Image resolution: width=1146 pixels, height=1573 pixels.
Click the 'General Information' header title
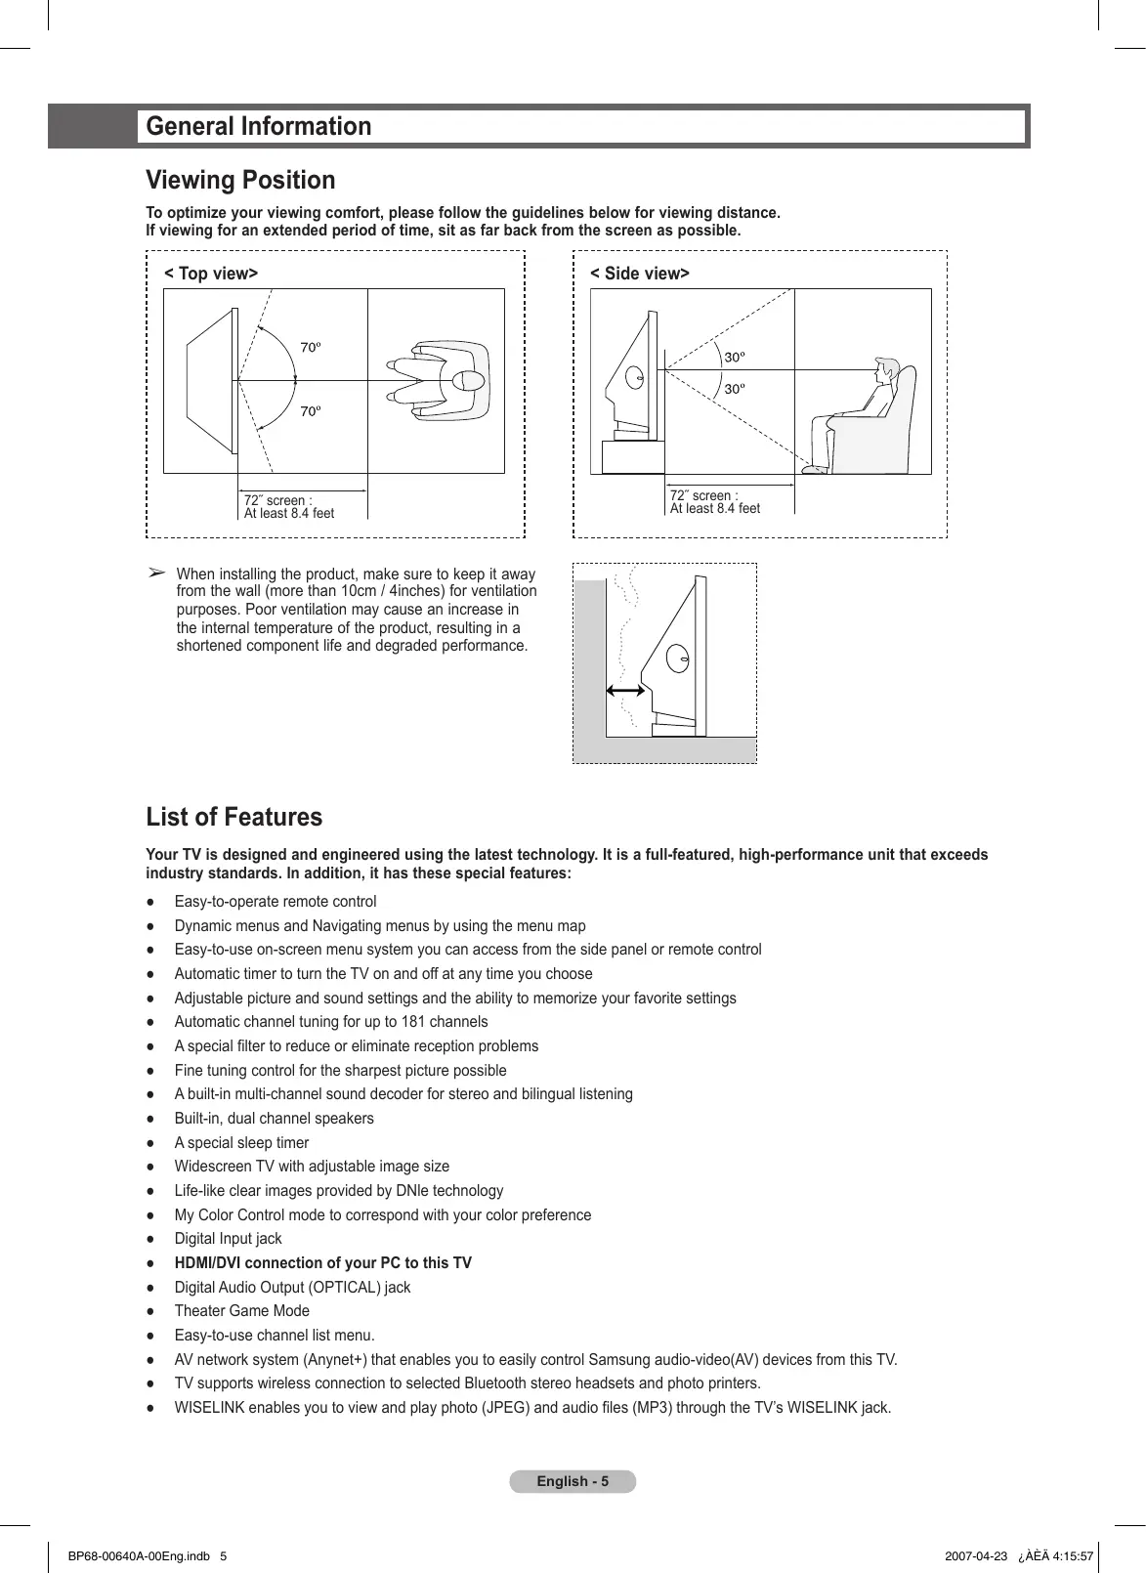click(259, 127)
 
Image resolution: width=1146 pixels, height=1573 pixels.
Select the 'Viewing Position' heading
click(240, 181)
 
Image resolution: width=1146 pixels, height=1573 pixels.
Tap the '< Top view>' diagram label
click(211, 274)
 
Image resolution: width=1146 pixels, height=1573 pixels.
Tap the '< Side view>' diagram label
click(640, 274)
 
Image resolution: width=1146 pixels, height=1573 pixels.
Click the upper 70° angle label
click(310, 348)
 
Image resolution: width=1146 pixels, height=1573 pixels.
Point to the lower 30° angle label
click(734, 389)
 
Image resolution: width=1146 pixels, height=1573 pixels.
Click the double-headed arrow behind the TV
click(625, 691)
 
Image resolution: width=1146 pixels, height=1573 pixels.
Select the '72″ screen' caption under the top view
click(278, 500)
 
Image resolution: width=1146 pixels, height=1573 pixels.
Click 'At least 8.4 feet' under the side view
click(715, 509)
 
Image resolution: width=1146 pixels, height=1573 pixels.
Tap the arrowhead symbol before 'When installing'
click(155, 573)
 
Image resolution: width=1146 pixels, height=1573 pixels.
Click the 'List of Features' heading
click(233, 818)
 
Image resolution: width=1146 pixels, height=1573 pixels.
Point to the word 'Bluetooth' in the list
click(496, 1383)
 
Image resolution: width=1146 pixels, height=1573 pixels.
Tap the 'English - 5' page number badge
click(573, 1481)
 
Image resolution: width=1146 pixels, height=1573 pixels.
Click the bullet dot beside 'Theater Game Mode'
click(150, 1312)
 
